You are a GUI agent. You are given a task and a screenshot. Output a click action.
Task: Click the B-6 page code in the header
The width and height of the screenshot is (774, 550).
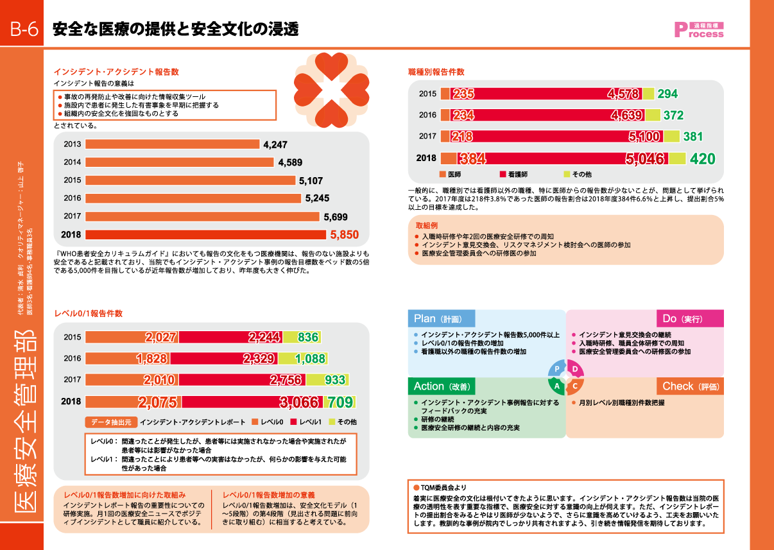(22, 30)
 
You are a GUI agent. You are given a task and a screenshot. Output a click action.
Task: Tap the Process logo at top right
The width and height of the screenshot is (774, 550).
(698, 30)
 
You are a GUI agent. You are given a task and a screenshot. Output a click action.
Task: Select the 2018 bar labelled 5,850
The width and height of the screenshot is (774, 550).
(205, 234)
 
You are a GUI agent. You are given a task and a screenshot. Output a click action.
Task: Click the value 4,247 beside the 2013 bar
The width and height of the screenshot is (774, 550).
(275, 144)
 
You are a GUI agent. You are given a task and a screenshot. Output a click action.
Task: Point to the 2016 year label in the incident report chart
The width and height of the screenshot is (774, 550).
(73, 198)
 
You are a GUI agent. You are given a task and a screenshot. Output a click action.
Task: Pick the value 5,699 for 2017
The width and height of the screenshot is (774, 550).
(336, 217)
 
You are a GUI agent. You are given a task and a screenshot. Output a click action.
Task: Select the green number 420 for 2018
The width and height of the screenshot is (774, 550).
(702, 159)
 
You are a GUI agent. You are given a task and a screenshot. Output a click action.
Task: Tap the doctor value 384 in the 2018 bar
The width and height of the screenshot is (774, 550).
(472, 159)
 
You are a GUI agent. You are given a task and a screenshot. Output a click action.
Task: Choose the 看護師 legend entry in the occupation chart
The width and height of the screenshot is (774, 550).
(513, 175)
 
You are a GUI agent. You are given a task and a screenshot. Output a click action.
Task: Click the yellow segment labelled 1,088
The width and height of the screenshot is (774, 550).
(311, 359)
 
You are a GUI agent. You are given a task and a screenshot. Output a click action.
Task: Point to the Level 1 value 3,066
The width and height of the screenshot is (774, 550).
(298, 402)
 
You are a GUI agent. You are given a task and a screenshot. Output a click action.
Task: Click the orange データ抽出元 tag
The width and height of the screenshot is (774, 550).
(110, 422)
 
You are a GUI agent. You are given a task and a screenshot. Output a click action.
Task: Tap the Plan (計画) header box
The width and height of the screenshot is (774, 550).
(442, 319)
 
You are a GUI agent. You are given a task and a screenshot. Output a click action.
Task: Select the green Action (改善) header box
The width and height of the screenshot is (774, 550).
(442, 386)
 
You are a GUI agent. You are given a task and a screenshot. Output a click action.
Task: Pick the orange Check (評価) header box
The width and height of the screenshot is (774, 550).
(690, 386)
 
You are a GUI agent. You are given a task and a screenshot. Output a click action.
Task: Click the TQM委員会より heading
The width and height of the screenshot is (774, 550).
(439, 487)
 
